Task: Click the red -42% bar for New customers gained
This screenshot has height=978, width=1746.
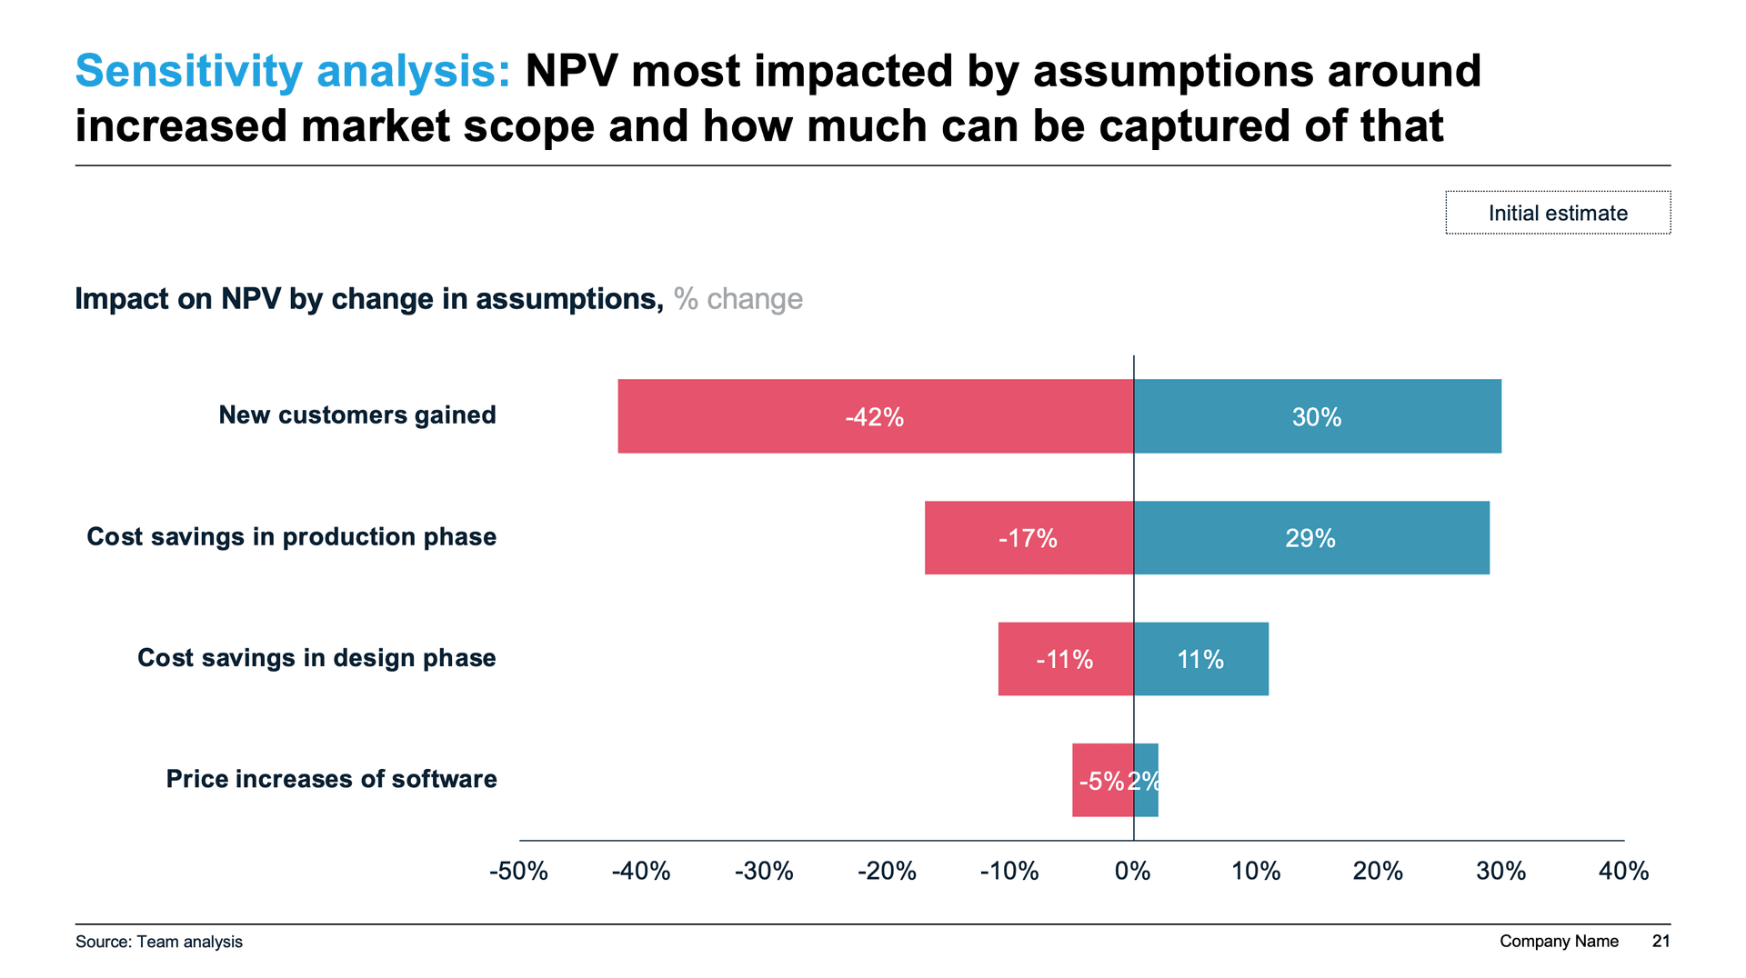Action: click(x=875, y=416)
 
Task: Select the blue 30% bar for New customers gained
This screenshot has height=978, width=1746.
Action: click(x=1317, y=416)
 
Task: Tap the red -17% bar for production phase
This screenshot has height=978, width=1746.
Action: click(x=1029, y=538)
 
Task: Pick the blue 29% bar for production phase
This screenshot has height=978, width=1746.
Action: click(x=1310, y=538)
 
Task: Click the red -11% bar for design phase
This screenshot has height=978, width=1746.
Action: click(x=1065, y=659)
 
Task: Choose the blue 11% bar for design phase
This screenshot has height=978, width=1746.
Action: click(x=1200, y=659)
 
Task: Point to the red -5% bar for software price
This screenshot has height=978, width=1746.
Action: click(x=1100, y=780)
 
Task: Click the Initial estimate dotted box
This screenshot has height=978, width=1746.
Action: click(x=1558, y=213)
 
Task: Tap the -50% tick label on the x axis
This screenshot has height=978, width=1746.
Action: click(x=518, y=872)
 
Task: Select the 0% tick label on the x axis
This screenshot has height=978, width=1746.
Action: click(x=1133, y=872)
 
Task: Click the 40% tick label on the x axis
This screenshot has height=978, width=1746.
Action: click(x=1623, y=872)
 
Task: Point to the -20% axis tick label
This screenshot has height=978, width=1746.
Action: click(x=887, y=872)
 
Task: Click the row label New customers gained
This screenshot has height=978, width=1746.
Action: click(x=357, y=415)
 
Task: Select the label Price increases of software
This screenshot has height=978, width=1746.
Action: click(x=331, y=779)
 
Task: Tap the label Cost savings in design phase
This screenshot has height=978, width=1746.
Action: click(x=316, y=658)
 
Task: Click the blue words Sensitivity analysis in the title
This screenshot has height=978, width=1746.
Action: click(x=293, y=71)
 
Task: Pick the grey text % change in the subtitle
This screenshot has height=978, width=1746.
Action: click(x=738, y=299)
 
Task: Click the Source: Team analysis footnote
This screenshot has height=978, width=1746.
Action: click(x=159, y=942)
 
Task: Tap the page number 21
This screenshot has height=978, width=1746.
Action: click(x=1661, y=942)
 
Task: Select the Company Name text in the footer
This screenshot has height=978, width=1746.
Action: click(x=1559, y=942)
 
